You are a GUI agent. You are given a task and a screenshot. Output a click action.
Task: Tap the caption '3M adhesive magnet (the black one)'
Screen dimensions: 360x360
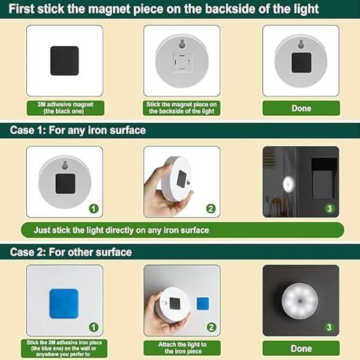(65, 108)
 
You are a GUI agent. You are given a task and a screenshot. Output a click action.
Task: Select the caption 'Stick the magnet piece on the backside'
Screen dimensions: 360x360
(183, 108)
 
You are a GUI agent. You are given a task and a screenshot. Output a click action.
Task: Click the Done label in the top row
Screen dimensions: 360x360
(301, 108)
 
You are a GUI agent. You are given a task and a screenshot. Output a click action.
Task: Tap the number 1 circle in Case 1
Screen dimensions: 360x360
(94, 208)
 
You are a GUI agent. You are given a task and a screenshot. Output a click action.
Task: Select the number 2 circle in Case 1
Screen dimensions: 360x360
(211, 208)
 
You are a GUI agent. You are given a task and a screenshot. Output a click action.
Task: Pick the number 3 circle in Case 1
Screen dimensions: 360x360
(330, 208)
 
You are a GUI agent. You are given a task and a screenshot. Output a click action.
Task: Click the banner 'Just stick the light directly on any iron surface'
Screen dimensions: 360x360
(124, 230)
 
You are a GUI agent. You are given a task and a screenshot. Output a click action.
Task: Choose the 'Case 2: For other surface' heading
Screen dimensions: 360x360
(70, 252)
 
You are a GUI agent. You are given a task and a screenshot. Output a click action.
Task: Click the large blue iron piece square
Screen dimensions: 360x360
(65, 303)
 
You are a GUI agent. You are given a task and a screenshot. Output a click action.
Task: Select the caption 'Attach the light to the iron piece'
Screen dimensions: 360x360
(183, 348)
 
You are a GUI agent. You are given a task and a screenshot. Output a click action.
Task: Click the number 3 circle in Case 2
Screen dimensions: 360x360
(330, 327)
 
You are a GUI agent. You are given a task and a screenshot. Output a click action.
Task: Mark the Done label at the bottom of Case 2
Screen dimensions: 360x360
(301, 348)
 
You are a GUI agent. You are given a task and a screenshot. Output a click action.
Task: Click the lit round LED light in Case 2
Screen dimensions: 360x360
(301, 302)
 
